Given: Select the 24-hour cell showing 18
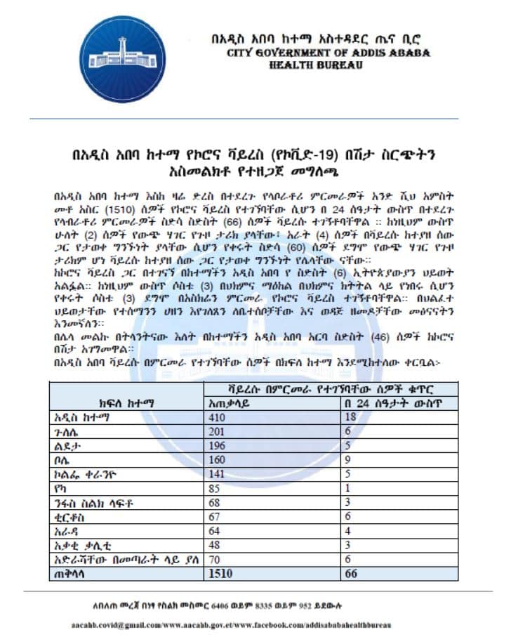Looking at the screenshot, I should coord(350,417).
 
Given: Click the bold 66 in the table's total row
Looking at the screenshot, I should coord(350,573).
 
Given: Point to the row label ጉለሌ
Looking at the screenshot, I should coord(67,431).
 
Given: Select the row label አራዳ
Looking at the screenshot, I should coord(67,532).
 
